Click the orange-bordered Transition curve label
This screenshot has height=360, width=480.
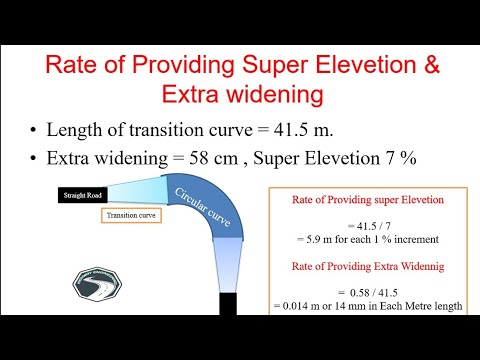pos(132,214)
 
